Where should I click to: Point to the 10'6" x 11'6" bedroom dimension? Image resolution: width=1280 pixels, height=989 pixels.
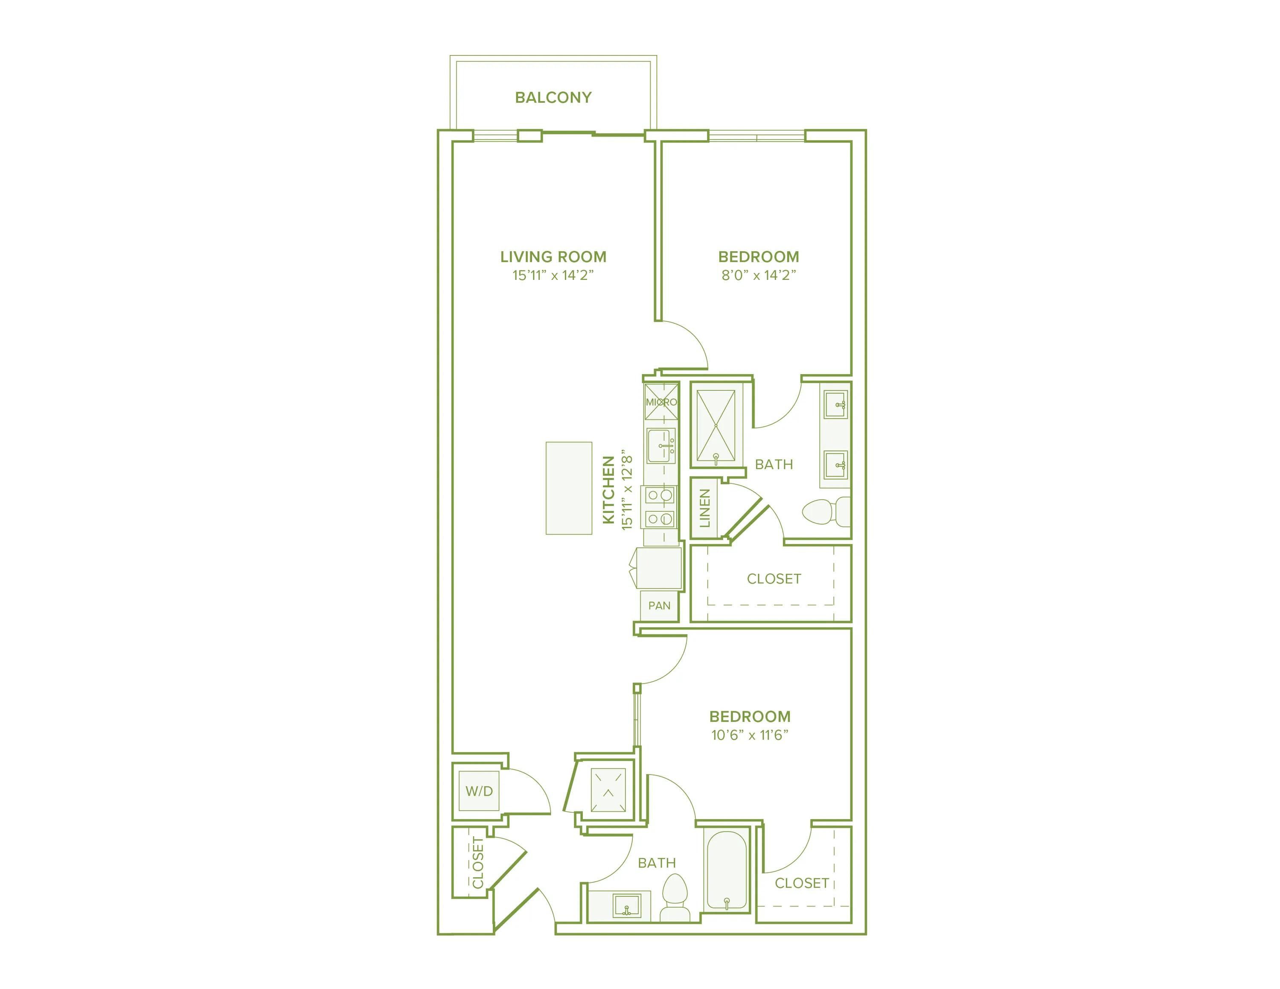pos(750,735)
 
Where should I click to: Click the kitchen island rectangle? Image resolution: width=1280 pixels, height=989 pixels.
pos(568,488)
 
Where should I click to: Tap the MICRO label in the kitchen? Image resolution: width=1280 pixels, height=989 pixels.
pos(661,402)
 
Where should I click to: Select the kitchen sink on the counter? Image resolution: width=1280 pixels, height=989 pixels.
pos(661,446)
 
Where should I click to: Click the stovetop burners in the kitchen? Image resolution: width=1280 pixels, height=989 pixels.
pos(660,507)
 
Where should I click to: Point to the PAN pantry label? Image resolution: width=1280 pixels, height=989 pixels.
pos(659,606)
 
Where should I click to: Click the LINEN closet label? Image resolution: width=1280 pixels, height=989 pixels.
pos(704,508)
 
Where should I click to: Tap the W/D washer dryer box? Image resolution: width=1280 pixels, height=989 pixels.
pos(479,791)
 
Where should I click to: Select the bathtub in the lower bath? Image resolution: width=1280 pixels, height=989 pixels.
pos(727,871)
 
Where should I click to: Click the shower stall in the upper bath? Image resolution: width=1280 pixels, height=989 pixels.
pos(716,425)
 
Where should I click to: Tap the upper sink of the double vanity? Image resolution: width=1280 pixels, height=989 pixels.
pos(836,404)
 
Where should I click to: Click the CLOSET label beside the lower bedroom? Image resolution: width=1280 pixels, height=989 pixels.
pos(801,883)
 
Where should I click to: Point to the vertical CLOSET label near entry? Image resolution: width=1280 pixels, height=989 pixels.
pos(478,862)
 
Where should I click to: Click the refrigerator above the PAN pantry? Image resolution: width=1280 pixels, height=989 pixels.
pos(659,568)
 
